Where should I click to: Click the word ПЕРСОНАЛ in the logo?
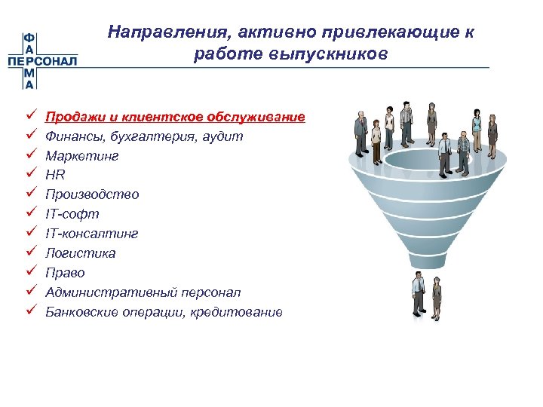(x=42, y=61)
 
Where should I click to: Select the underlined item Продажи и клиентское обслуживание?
(x=175, y=117)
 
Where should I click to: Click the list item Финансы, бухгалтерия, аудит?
(x=144, y=136)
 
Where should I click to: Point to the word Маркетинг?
(x=81, y=156)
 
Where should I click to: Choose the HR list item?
(x=55, y=175)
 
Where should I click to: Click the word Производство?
(x=92, y=194)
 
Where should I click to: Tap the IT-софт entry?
(x=72, y=214)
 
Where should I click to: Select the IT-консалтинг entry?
(x=91, y=234)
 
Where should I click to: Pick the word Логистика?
(x=81, y=253)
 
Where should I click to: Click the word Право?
(x=65, y=273)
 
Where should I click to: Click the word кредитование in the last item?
(x=242, y=311)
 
